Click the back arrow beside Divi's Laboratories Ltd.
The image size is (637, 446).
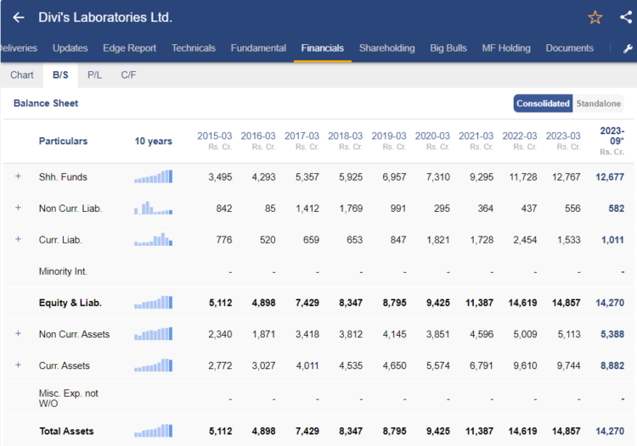pos(19,18)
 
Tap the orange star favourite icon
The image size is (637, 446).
pos(595,18)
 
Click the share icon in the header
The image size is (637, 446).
pos(626,18)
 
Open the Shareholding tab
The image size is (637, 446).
pos(386,48)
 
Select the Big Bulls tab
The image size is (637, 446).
pos(448,48)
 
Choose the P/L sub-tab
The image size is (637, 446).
pos(94,75)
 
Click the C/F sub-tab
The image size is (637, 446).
pos(128,75)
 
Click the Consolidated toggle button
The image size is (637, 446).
pos(544,103)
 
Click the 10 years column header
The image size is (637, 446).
pos(153,142)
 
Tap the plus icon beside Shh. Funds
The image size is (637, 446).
pos(18,176)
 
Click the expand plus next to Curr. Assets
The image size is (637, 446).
pos(18,365)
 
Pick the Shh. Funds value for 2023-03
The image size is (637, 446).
pos(567,177)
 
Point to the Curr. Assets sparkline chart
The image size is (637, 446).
pos(153,365)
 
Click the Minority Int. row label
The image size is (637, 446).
pos(63,271)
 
